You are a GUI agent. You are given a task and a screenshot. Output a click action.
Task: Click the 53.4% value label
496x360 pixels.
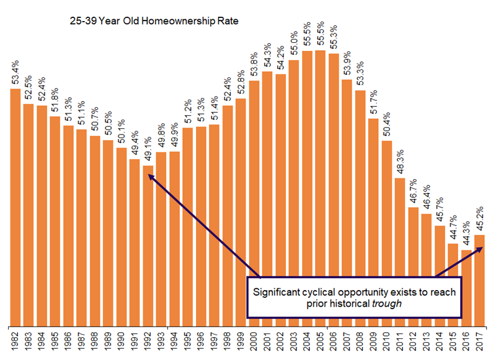[x=15, y=75]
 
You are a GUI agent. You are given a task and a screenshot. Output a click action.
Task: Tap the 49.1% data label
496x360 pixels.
[x=148, y=151]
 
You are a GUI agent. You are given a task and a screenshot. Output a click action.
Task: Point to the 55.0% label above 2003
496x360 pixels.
[x=294, y=46]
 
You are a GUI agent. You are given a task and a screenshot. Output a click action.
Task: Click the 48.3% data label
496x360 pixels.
[x=401, y=164]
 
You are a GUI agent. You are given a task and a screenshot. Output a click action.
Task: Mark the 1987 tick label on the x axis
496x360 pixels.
[x=82, y=344]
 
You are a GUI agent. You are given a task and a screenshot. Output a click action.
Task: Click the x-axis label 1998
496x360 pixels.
[x=228, y=344]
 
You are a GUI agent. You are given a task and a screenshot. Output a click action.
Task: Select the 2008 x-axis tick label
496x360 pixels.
[x=361, y=344]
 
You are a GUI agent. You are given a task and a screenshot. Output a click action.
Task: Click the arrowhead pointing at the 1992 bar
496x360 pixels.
[x=150, y=175]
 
